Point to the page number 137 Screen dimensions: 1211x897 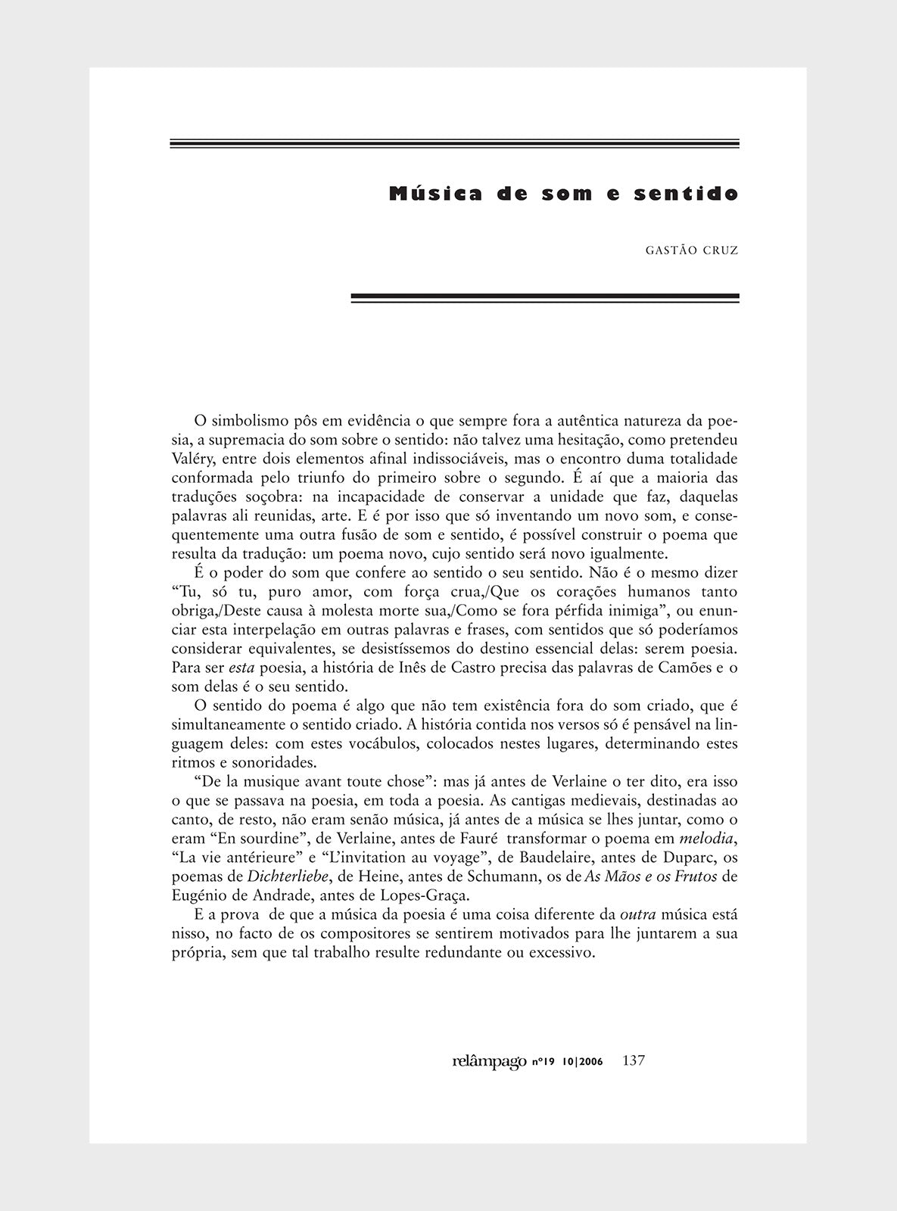click(633, 1060)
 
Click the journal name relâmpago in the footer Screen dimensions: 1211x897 click(488, 1061)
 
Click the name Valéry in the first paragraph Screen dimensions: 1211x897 click(192, 459)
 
